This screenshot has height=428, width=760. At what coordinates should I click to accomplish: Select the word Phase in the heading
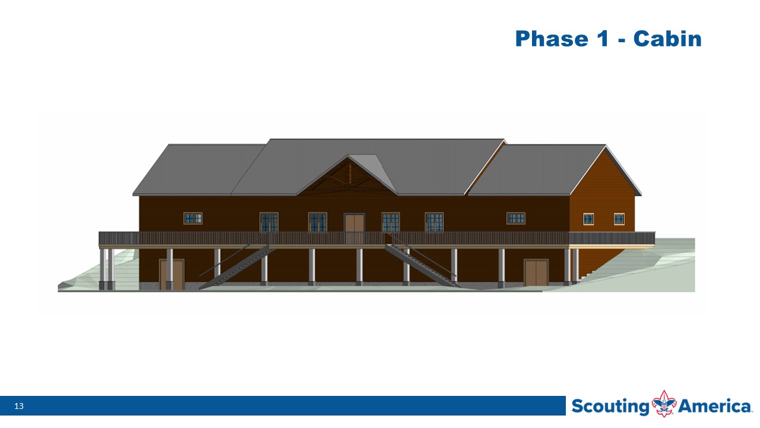pos(552,39)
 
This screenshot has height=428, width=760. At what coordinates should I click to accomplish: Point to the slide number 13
pos(19,406)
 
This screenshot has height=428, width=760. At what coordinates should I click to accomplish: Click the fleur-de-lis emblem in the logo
pos(664,404)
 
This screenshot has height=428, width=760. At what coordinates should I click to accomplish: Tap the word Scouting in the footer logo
pos(610,407)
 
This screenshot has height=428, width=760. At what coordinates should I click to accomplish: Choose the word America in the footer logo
pos(714,406)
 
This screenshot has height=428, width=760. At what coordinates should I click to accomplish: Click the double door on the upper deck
pos(354,228)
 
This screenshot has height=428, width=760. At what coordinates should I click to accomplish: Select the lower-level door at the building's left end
pos(172,275)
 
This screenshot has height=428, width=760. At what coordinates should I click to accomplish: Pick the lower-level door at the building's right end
pos(536,273)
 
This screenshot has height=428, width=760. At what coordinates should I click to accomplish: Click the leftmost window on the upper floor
pos(193,218)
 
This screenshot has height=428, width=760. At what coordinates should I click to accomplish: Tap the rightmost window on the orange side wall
pos(619,219)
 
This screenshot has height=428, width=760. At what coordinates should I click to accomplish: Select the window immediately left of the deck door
pos(318,222)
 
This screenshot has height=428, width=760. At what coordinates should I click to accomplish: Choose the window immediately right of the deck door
pos(391,222)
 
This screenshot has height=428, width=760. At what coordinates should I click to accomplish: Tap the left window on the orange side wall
pos(588,219)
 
